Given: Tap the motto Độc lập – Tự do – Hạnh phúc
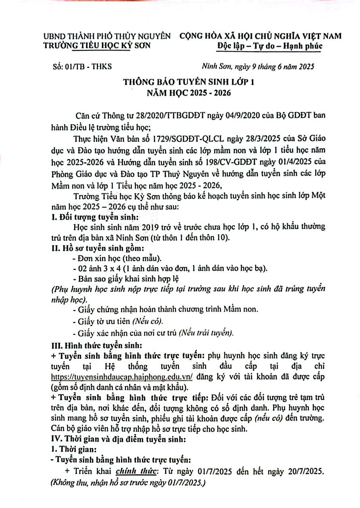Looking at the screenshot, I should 270,46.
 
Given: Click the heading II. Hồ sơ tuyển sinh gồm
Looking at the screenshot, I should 98,249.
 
